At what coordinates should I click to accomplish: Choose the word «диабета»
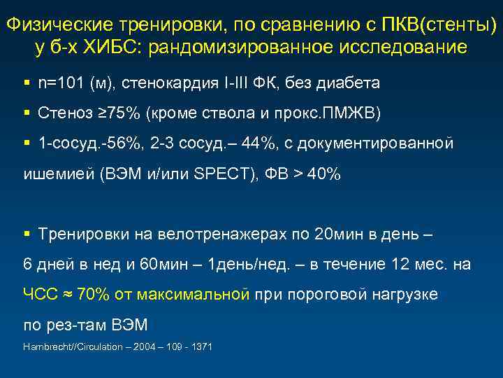(x=348, y=83)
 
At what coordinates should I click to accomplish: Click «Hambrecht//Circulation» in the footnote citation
(x=64, y=347)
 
